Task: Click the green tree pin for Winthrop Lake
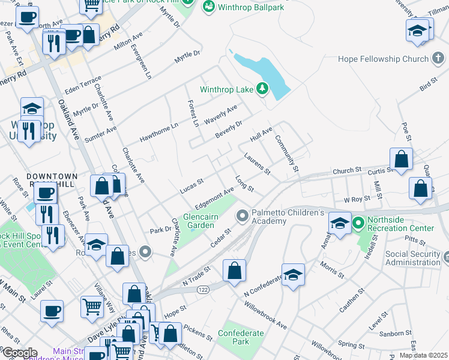262,89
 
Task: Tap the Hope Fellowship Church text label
378,59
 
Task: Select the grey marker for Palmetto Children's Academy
243,215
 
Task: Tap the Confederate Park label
241,337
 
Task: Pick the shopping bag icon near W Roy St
420,188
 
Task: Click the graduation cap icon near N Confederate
293,275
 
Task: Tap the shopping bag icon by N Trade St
235,271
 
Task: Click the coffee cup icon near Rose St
46,194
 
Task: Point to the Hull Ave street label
261,133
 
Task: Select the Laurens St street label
258,164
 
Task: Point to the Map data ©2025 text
423,355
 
